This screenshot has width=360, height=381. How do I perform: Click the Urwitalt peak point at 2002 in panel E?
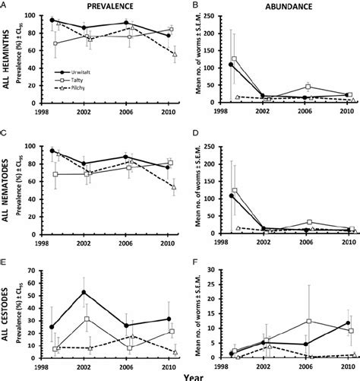(84, 292)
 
